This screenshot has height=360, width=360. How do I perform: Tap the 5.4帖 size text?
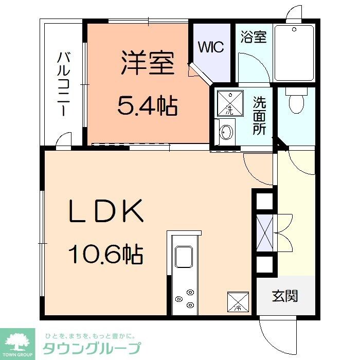(148, 106)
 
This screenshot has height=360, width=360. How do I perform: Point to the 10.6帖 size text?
(105, 253)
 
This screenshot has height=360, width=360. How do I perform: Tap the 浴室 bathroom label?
(254, 38)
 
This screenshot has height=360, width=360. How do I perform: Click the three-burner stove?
(184, 298)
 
